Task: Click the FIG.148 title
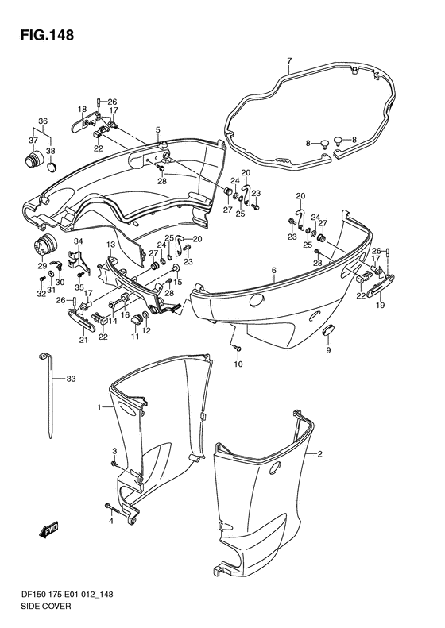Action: tap(48, 35)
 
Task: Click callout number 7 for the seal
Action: tap(289, 61)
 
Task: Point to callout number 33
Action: tap(71, 379)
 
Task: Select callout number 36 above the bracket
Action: tap(42, 121)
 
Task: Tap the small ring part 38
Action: tap(52, 168)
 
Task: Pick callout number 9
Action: tap(328, 350)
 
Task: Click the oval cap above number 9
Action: tap(330, 330)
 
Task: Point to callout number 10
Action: tap(238, 364)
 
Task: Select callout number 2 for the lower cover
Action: tap(320, 454)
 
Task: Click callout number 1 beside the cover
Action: tap(99, 408)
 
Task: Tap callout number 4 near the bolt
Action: tap(111, 521)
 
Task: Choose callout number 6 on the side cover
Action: tap(274, 271)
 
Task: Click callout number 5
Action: tap(158, 129)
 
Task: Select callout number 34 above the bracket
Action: tap(78, 241)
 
